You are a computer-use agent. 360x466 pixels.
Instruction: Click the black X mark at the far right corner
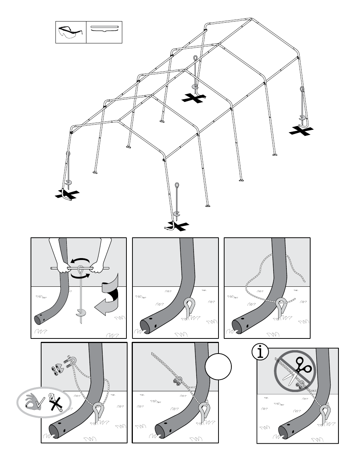[301, 131]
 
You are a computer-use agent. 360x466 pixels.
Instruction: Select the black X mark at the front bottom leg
[177, 226]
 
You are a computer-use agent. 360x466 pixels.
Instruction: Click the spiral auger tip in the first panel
[80, 312]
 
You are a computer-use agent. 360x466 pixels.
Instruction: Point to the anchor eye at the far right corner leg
[302, 89]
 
